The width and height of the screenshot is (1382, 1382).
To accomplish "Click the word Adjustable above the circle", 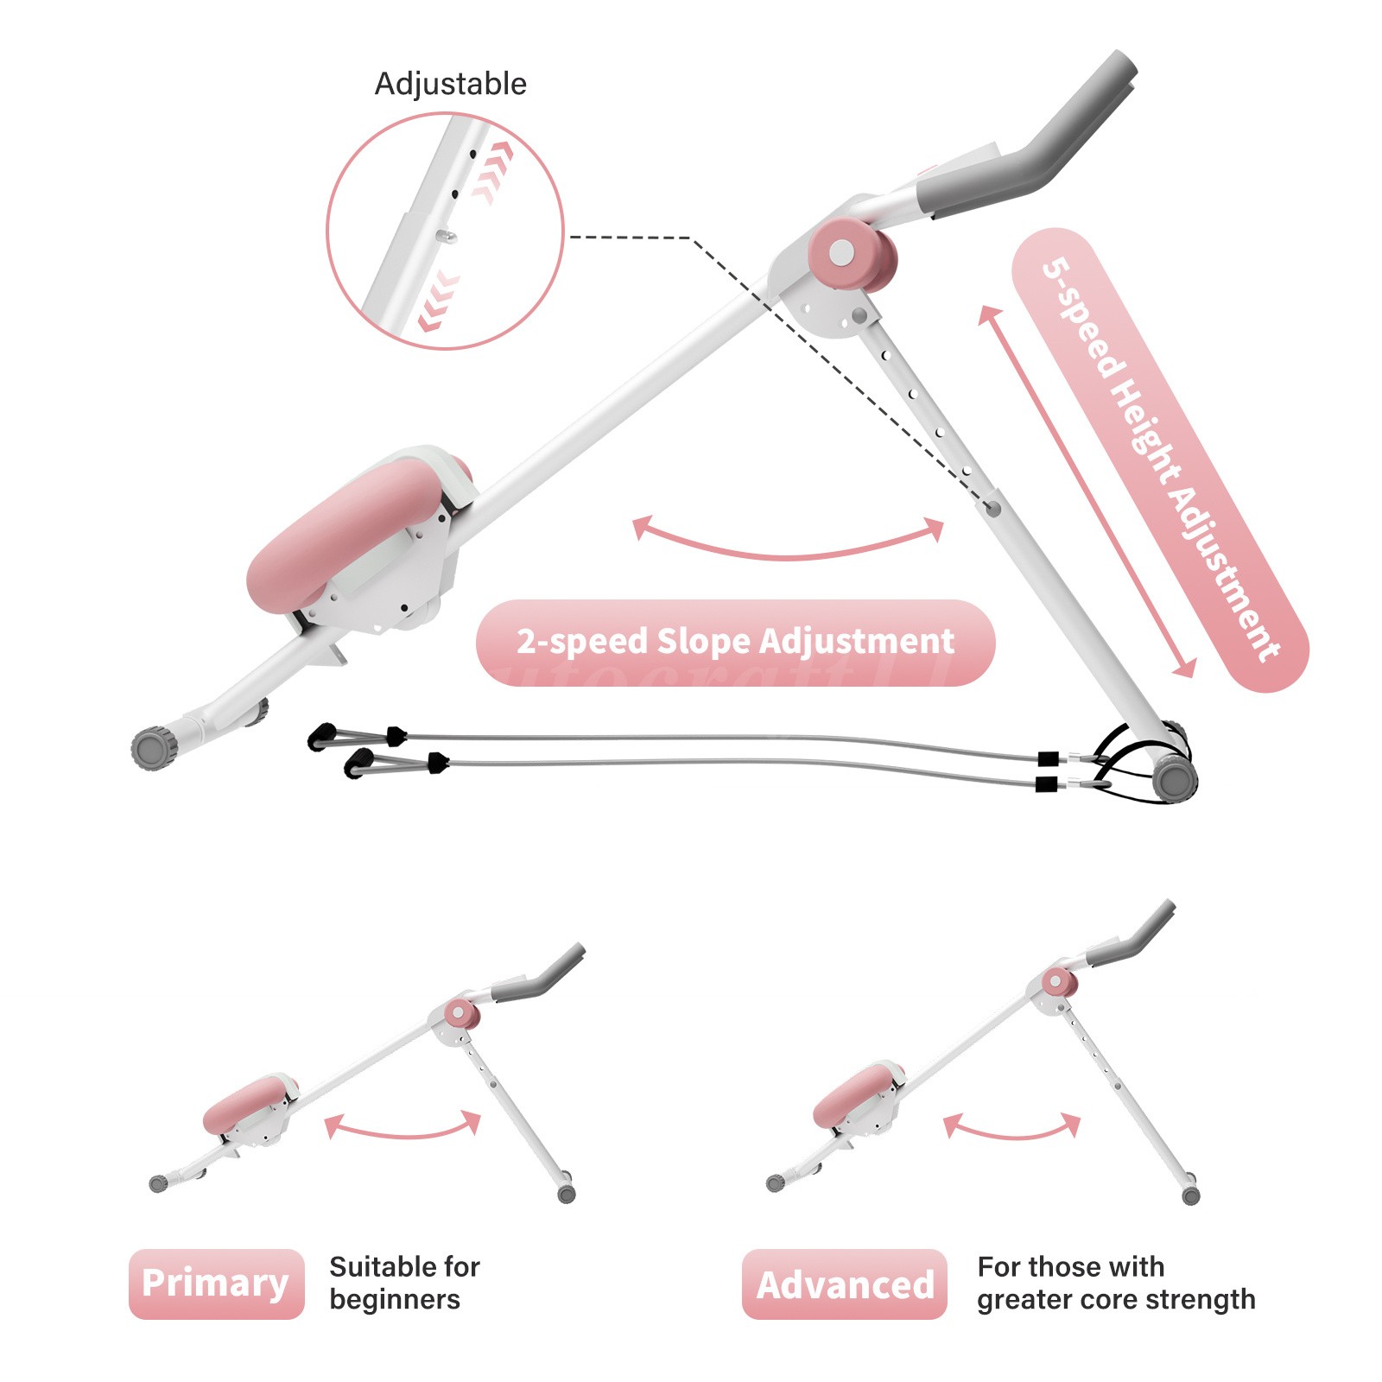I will click(x=450, y=84).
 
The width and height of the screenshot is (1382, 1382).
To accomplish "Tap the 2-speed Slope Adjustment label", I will click(x=735, y=642).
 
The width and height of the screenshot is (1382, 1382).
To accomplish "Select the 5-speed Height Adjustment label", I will click(x=1159, y=460).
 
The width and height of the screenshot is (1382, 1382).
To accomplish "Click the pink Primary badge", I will click(x=216, y=1284).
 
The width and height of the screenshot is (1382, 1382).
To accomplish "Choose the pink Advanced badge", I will click(x=845, y=1284).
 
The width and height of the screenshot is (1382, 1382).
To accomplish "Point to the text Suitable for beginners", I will click(x=404, y=1283).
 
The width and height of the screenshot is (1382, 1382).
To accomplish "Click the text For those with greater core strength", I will click(x=1116, y=1283).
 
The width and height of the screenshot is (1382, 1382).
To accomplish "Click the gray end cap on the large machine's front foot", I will click(x=153, y=748).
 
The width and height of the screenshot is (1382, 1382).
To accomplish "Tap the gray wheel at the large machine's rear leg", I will click(x=1175, y=778).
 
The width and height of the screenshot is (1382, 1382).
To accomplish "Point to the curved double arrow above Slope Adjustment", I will click(x=787, y=541).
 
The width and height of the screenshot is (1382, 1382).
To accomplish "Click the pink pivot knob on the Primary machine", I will click(x=460, y=1013).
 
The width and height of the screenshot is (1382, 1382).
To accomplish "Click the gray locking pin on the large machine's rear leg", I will click(x=993, y=509).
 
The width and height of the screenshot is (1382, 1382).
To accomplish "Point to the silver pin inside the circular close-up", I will click(x=447, y=234).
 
